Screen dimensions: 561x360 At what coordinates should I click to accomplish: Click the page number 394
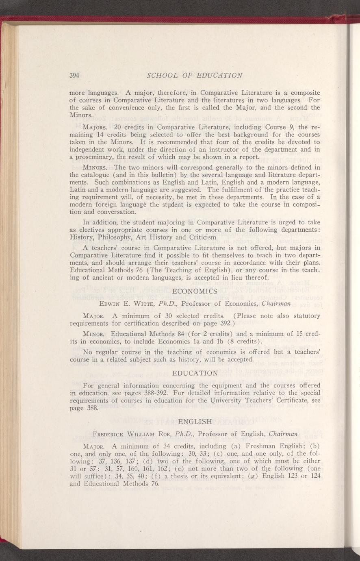tap(76, 75)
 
